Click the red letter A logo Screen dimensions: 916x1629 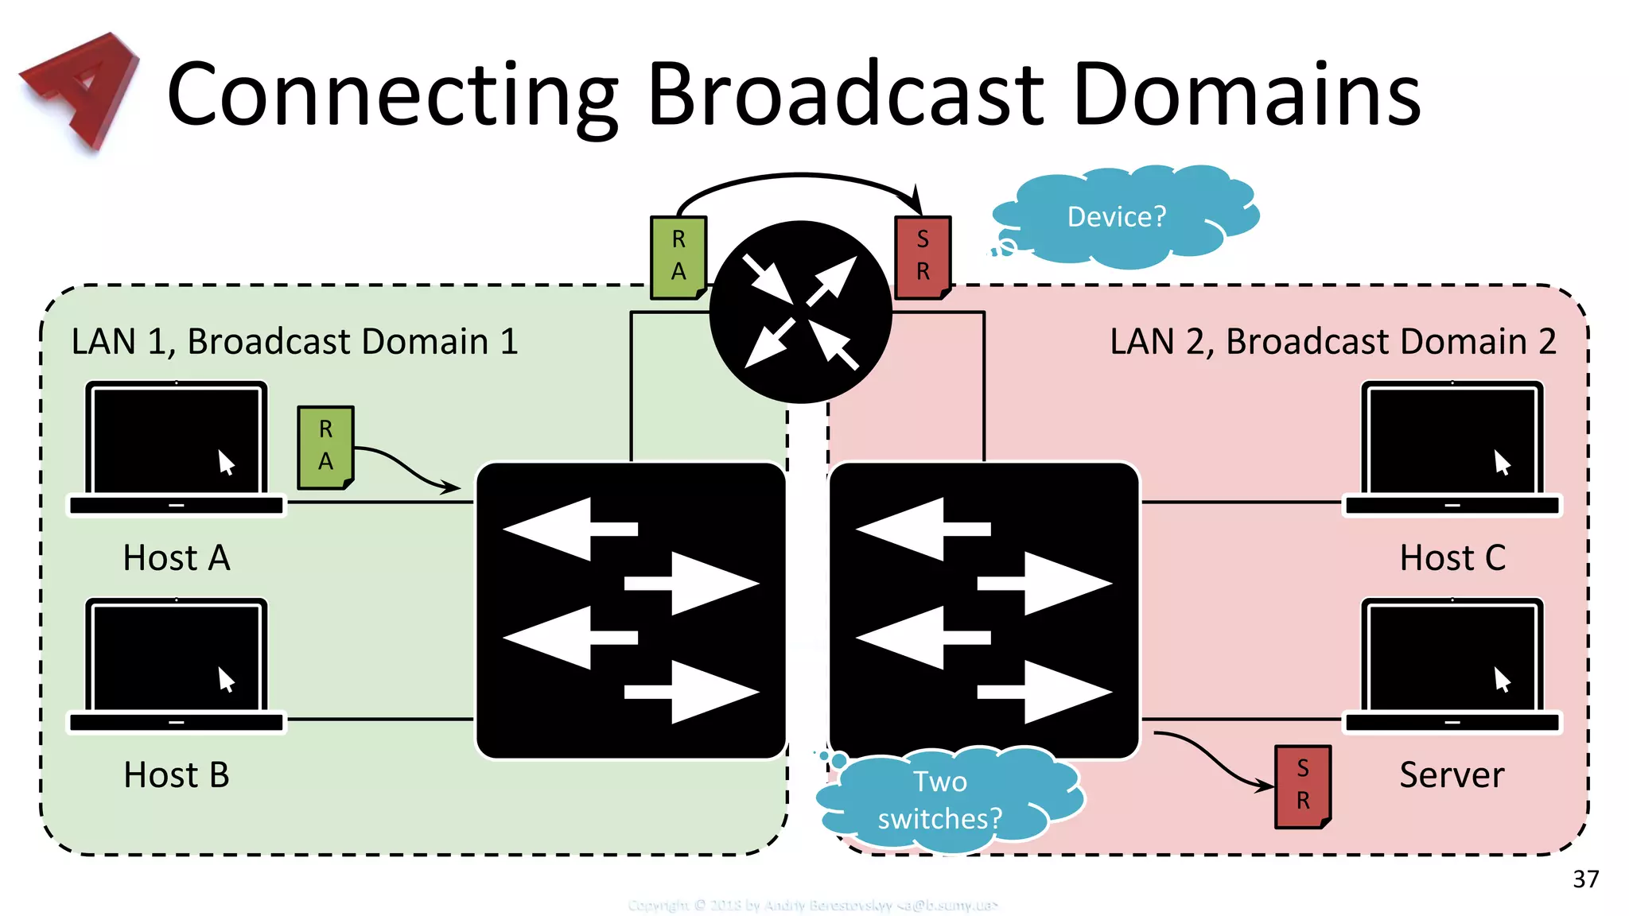[80, 89]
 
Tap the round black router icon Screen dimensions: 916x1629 [801, 312]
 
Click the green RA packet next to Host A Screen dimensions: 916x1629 [325, 447]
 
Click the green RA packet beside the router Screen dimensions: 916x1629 [678, 257]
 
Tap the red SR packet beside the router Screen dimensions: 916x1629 [923, 257]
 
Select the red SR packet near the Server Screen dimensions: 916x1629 [1302, 786]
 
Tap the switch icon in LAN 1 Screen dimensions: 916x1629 [631, 611]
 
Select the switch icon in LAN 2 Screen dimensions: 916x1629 [984, 611]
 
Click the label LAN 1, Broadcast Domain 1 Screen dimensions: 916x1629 [294, 342]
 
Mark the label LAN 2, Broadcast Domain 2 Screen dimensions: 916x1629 [1332, 342]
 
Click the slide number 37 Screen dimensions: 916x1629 [1585, 879]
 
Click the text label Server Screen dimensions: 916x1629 [1452, 775]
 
